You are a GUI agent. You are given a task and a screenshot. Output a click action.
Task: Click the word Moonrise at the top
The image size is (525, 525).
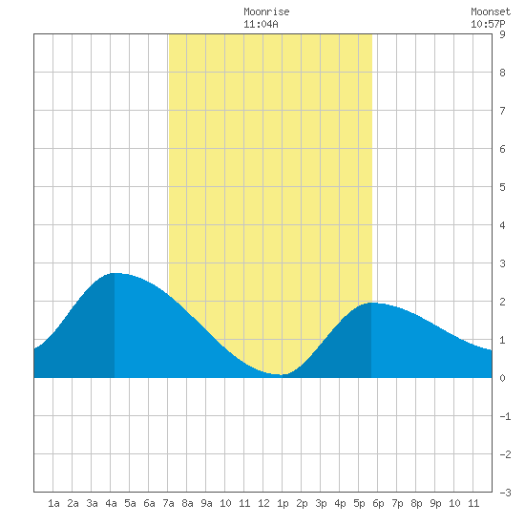[266, 11]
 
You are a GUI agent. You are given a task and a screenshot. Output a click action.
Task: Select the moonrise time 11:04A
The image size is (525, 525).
[261, 24]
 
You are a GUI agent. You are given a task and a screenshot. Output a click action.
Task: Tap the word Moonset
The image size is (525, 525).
[491, 11]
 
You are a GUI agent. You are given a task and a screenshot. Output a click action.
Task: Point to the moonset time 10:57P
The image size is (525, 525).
[488, 24]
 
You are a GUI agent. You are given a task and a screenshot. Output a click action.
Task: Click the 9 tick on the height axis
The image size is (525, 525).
[502, 34]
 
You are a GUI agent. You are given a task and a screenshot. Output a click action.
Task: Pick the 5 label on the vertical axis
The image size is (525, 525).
[502, 187]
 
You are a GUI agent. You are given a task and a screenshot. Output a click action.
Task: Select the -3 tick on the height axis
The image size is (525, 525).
[505, 493]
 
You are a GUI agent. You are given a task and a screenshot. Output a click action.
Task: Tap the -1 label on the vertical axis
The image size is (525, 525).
[505, 416]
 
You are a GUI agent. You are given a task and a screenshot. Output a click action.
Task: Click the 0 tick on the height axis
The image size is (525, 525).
[502, 378]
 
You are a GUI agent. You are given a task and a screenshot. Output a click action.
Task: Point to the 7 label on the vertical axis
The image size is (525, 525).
[502, 111]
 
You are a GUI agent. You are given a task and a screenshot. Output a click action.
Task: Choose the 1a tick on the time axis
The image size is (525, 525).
[53, 503]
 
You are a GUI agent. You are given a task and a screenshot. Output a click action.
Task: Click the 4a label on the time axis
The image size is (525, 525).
[111, 503]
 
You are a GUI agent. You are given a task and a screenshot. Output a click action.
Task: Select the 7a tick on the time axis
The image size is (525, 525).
[168, 503]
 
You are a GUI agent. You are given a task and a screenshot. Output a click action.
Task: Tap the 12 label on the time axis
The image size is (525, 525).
[263, 503]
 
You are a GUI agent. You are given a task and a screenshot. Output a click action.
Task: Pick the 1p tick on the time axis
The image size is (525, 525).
[283, 503]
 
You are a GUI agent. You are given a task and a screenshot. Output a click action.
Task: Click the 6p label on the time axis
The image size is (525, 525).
[378, 503]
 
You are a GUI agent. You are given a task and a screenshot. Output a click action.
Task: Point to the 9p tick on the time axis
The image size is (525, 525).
[435, 503]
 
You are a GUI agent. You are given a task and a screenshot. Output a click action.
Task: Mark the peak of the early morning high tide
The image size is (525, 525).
[115, 273]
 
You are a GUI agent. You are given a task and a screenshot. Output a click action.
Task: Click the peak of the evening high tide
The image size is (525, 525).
[371, 303]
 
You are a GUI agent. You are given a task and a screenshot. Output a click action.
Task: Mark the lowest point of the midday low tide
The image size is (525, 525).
[281, 374]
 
